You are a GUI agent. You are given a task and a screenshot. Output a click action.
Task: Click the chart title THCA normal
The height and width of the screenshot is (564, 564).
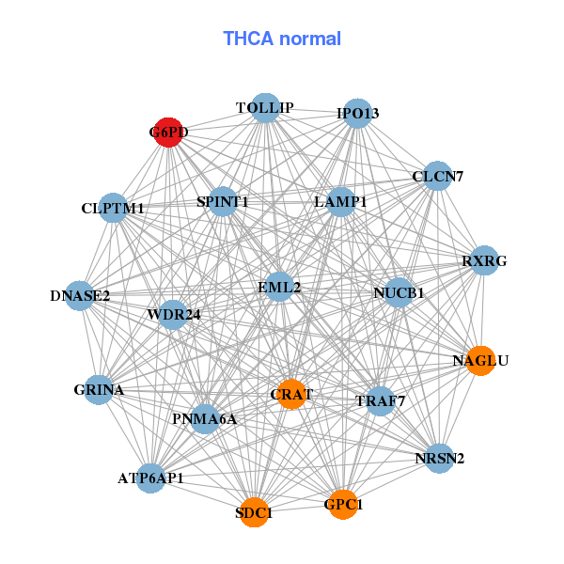tap(282, 39)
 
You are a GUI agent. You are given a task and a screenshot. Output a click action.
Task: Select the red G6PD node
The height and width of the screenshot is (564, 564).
tap(168, 133)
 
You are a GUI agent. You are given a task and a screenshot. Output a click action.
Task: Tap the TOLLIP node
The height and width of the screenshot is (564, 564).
tap(265, 108)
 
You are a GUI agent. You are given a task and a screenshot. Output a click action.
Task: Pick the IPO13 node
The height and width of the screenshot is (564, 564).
tap(358, 115)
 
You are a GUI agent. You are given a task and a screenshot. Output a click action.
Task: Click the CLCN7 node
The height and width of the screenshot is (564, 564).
tap(437, 176)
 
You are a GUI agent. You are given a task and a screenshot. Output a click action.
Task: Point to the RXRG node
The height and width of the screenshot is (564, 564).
tap(483, 260)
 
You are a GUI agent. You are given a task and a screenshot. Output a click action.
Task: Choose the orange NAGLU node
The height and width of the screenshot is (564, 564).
tap(480, 361)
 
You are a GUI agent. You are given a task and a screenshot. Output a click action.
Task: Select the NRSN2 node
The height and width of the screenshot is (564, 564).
tap(439, 459)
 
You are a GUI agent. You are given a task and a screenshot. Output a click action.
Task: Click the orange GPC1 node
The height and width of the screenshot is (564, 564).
tap(343, 505)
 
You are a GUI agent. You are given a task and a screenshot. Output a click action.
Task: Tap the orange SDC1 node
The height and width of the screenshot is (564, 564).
tap(254, 512)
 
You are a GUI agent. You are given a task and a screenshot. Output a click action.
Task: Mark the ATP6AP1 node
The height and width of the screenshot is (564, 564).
tap(150, 478)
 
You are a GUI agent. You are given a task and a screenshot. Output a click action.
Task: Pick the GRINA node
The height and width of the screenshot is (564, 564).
tap(99, 389)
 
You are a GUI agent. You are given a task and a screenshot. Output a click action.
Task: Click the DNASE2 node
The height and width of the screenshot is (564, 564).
tap(80, 296)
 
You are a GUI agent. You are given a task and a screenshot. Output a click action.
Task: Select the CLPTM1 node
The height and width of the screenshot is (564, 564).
tap(113, 208)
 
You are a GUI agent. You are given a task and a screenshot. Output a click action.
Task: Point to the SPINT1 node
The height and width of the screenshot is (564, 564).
tap(223, 202)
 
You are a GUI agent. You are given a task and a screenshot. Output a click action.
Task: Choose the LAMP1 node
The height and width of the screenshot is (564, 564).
tap(340, 202)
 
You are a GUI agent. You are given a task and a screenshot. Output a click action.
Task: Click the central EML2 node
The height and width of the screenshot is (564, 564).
tap(279, 287)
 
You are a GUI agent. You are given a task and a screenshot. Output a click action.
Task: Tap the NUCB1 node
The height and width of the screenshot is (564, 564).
tap(399, 293)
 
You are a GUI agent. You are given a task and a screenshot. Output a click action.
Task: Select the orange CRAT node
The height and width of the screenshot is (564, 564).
tap(291, 395)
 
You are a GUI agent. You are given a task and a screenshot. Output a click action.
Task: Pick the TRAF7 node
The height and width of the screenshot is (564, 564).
tap(380, 401)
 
